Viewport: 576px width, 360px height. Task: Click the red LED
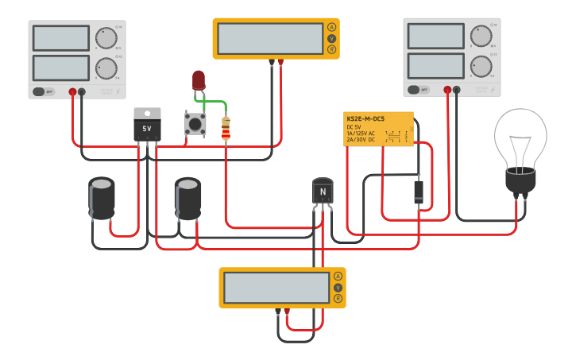click(198, 79)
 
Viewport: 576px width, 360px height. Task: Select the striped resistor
click(226, 128)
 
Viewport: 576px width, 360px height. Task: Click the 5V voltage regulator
click(147, 126)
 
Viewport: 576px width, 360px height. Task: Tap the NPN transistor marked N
click(322, 192)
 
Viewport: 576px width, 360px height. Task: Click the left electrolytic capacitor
click(102, 198)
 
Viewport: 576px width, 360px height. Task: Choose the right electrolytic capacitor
click(187, 198)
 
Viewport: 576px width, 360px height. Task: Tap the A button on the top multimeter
click(331, 27)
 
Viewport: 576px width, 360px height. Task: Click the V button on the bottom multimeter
click(338, 287)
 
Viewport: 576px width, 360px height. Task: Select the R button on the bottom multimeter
click(338, 299)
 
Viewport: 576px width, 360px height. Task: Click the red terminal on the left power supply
click(72, 92)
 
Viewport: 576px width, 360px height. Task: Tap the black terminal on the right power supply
click(456, 90)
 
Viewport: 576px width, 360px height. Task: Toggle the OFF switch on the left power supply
click(44, 91)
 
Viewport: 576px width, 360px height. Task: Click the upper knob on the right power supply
click(480, 36)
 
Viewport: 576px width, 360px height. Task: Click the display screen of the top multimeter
click(270, 38)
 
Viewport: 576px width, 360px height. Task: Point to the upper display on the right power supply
click(435, 36)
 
